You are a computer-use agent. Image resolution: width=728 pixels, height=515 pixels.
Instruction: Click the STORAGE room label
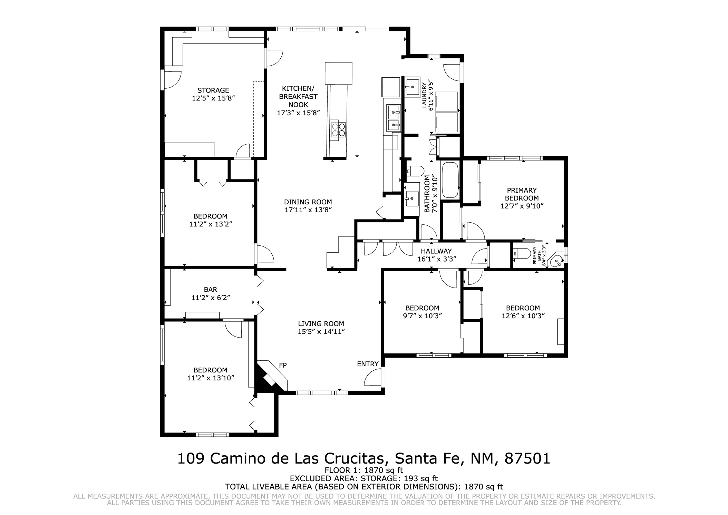click(213, 90)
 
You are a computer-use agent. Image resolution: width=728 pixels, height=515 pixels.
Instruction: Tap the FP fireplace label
click(283, 365)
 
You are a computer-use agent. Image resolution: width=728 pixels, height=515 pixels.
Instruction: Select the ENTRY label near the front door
click(368, 364)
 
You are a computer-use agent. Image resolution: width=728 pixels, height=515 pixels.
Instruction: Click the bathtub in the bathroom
click(450, 180)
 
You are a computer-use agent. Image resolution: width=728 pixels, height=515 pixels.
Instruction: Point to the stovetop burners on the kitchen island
click(338, 130)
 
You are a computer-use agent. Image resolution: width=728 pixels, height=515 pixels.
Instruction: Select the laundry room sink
click(412, 87)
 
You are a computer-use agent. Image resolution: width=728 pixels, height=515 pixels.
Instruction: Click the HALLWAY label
click(436, 251)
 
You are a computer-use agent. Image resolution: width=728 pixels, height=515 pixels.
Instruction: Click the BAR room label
click(210, 290)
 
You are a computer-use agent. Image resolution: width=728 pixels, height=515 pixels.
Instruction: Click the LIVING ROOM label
click(321, 324)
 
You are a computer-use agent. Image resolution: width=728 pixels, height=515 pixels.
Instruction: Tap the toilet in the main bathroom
click(415, 171)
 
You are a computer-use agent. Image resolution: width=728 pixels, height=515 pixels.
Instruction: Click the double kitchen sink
click(394, 118)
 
